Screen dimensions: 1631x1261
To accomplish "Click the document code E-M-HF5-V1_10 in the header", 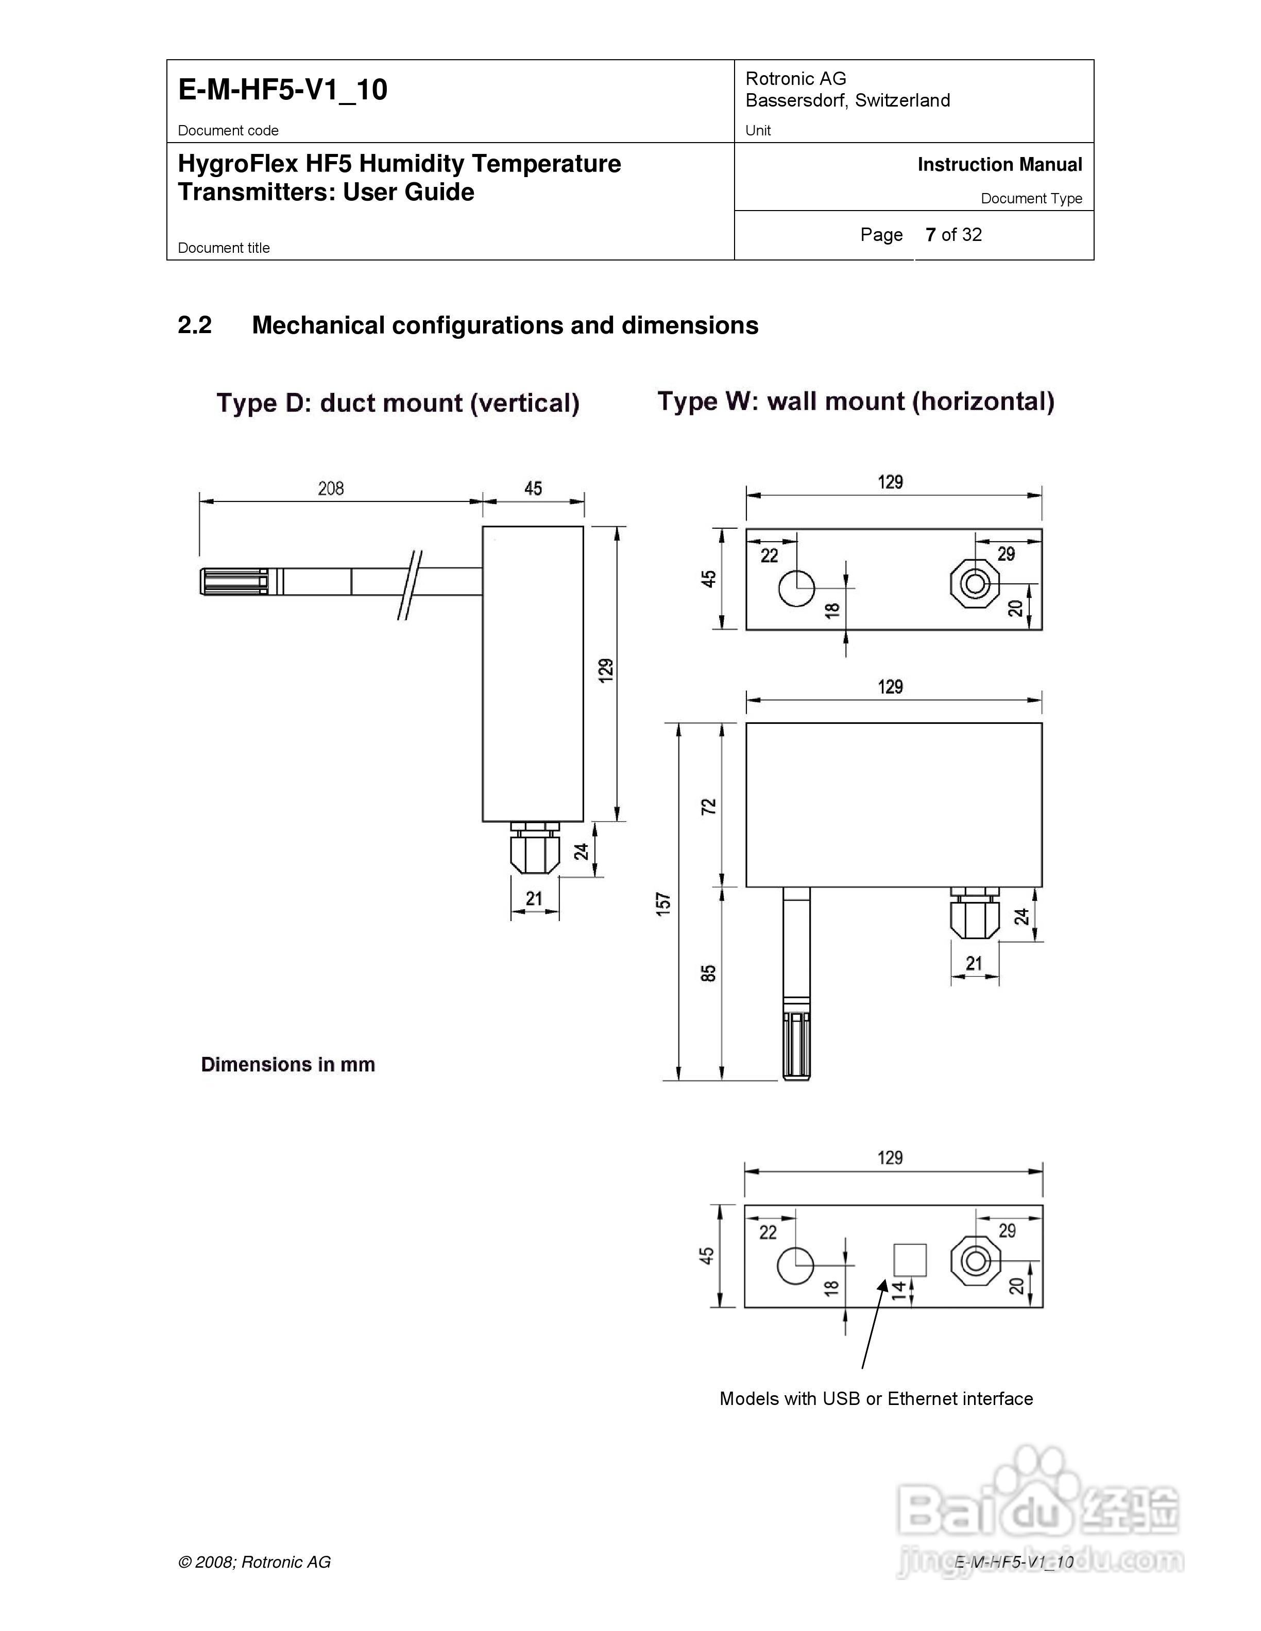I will point(282,90).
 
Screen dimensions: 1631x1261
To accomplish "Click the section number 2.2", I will point(194,325).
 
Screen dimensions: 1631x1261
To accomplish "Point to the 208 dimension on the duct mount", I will point(330,489).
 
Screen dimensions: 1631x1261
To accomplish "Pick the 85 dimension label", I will point(708,973).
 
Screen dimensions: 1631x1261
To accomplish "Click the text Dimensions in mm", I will point(287,1064).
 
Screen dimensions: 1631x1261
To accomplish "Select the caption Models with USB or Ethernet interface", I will point(876,1399).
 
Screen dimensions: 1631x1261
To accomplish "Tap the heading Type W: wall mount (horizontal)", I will point(856,401).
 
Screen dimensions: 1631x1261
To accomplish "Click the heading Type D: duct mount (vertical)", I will point(398,403).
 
